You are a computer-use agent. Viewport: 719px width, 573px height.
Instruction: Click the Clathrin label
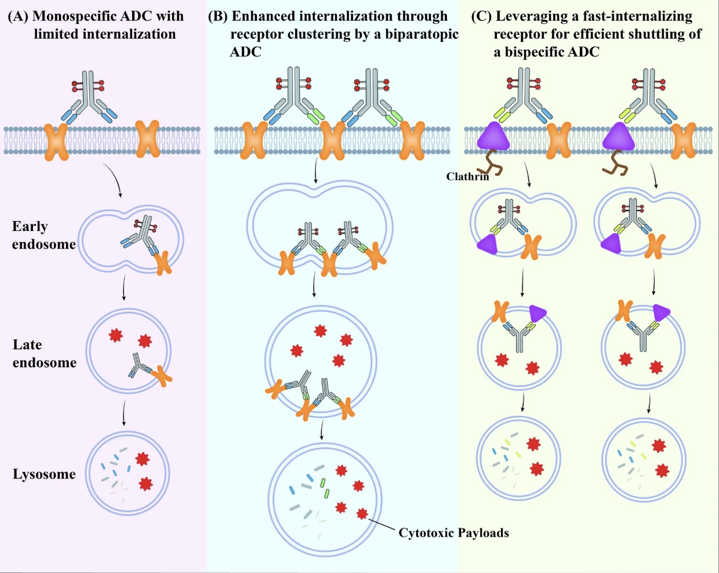[x=467, y=176]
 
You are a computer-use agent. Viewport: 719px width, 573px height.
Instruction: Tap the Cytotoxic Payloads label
[x=453, y=532]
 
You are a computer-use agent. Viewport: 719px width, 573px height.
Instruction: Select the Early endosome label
[x=43, y=235]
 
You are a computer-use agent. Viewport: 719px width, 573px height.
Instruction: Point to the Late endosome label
[x=45, y=353]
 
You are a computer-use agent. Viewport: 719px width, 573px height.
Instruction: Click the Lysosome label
[x=44, y=474]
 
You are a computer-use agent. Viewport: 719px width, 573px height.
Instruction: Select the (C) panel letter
[x=481, y=16]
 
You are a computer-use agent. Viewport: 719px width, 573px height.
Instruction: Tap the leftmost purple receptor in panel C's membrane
[x=493, y=136]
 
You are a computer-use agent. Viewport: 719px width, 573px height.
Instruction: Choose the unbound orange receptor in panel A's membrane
[x=148, y=139]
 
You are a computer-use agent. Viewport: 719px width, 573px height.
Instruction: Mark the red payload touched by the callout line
[x=362, y=514]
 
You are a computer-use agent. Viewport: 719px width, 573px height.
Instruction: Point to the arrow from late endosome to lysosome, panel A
[x=124, y=412]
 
